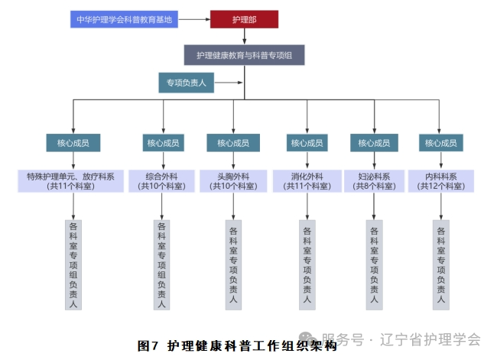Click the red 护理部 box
click(x=244, y=19)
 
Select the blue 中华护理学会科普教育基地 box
click(x=123, y=19)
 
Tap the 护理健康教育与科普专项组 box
click(x=244, y=55)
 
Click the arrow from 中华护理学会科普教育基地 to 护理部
click(x=194, y=19)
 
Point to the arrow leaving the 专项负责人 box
click(x=229, y=82)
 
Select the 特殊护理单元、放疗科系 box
click(x=73, y=180)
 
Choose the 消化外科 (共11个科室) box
click(x=307, y=180)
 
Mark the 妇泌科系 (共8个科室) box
click(x=374, y=180)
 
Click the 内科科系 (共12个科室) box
click(x=440, y=180)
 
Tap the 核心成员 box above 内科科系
click(x=440, y=143)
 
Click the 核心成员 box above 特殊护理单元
click(x=73, y=143)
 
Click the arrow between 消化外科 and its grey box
click(x=307, y=205)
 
